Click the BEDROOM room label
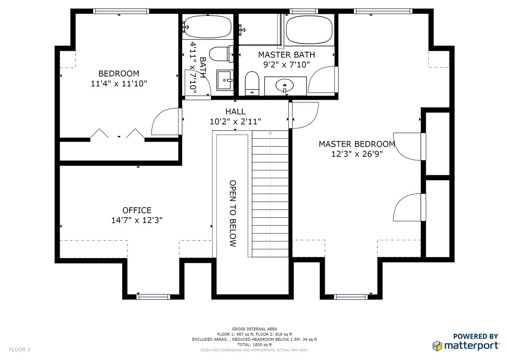119,74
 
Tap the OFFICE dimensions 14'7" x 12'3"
137,220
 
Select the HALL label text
235,112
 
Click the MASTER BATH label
287,55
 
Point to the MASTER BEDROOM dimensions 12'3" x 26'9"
357,154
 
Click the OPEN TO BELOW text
233,214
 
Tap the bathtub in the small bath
208,27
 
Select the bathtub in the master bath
309,30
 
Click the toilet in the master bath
252,84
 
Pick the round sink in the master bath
284,86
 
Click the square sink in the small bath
225,80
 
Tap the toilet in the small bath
221,54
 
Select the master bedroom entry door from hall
303,115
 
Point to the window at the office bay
153,297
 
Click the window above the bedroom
121,11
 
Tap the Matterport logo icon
437,346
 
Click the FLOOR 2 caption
19,350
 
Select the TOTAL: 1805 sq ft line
254,344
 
